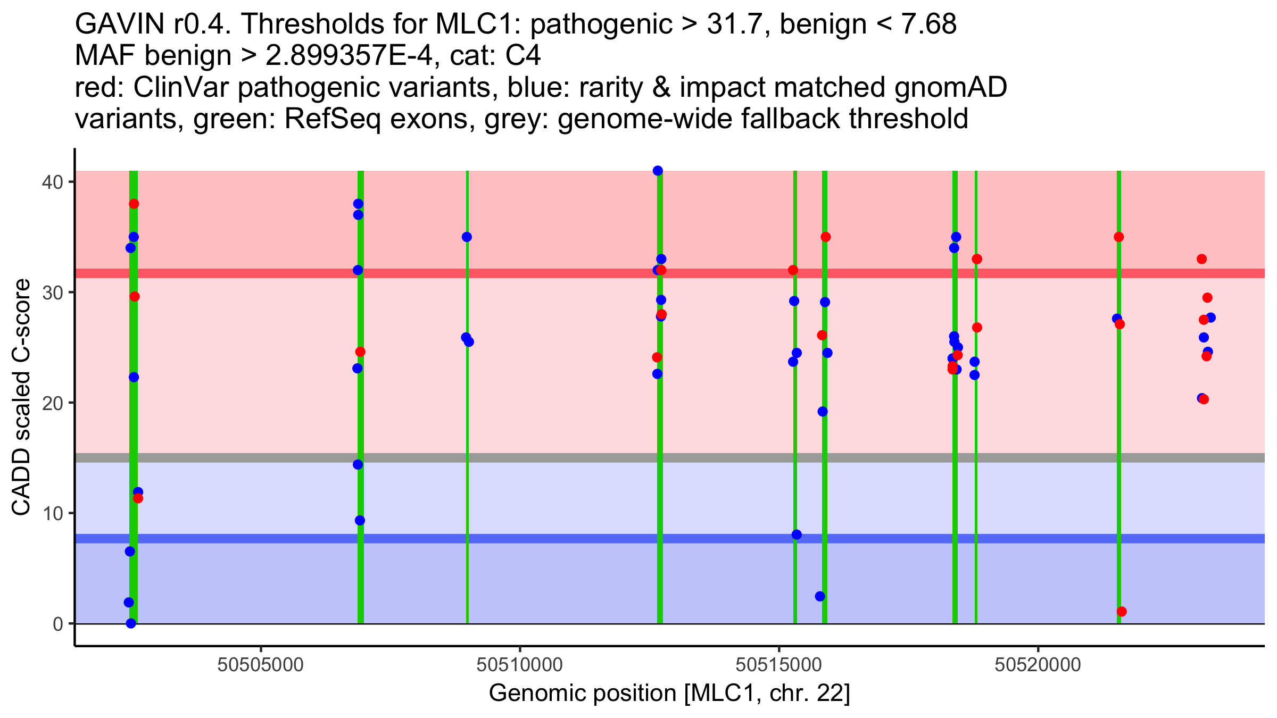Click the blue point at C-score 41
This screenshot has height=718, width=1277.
pos(658,171)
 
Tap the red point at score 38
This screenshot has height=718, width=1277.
pos(134,204)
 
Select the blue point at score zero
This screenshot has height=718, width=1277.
pos(131,623)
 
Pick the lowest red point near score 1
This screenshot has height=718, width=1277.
pos(1122,612)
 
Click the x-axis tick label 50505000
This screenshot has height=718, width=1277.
pos(261,664)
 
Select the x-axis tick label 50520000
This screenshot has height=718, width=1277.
pos(1038,664)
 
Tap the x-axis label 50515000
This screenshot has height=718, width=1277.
pos(779,664)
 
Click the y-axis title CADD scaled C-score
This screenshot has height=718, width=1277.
pos(21,398)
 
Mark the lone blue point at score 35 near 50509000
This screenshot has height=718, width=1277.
pos(467,237)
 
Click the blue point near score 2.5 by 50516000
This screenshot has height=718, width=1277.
pos(820,596)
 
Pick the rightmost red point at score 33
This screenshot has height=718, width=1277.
pos(1201,259)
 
